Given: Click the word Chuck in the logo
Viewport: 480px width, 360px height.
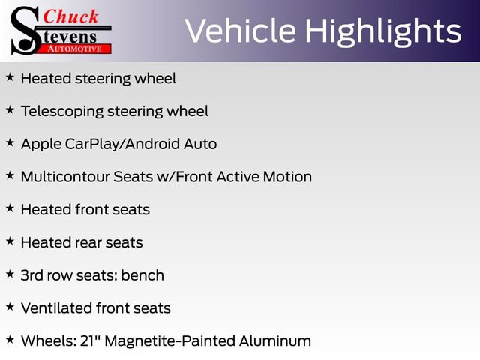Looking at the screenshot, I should pyautogui.click(x=70, y=16).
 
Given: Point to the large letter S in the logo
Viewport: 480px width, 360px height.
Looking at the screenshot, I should pyautogui.click(x=24, y=30).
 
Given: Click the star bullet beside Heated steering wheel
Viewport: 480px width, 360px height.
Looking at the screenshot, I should pyautogui.click(x=10, y=77).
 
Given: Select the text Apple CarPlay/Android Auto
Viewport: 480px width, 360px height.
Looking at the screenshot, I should pyautogui.click(x=118, y=144).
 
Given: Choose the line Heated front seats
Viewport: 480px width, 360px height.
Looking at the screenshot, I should pyautogui.click(x=85, y=210).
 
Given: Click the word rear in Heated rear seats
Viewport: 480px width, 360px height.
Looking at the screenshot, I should pyautogui.click(x=89, y=243).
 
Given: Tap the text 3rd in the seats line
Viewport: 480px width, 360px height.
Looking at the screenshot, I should pyautogui.click(x=33, y=275).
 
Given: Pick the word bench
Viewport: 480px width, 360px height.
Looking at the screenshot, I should pyautogui.click(x=142, y=275).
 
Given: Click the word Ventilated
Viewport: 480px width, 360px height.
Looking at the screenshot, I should pyautogui.click(x=56, y=308).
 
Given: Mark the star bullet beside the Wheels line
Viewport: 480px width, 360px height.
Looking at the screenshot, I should pyautogui.click(x=10, y=340).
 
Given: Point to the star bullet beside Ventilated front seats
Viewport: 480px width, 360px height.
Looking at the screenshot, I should pyautogui.click(x=10, y=307).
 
